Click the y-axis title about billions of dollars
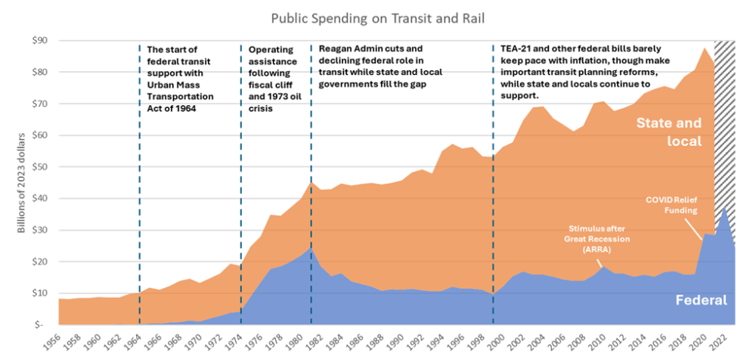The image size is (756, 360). point(22,182)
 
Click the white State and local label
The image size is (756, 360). point(668,131)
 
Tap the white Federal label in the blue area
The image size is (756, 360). point(702,300)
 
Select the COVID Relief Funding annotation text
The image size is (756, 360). point(671,204)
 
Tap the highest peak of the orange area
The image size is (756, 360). point(704,48)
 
